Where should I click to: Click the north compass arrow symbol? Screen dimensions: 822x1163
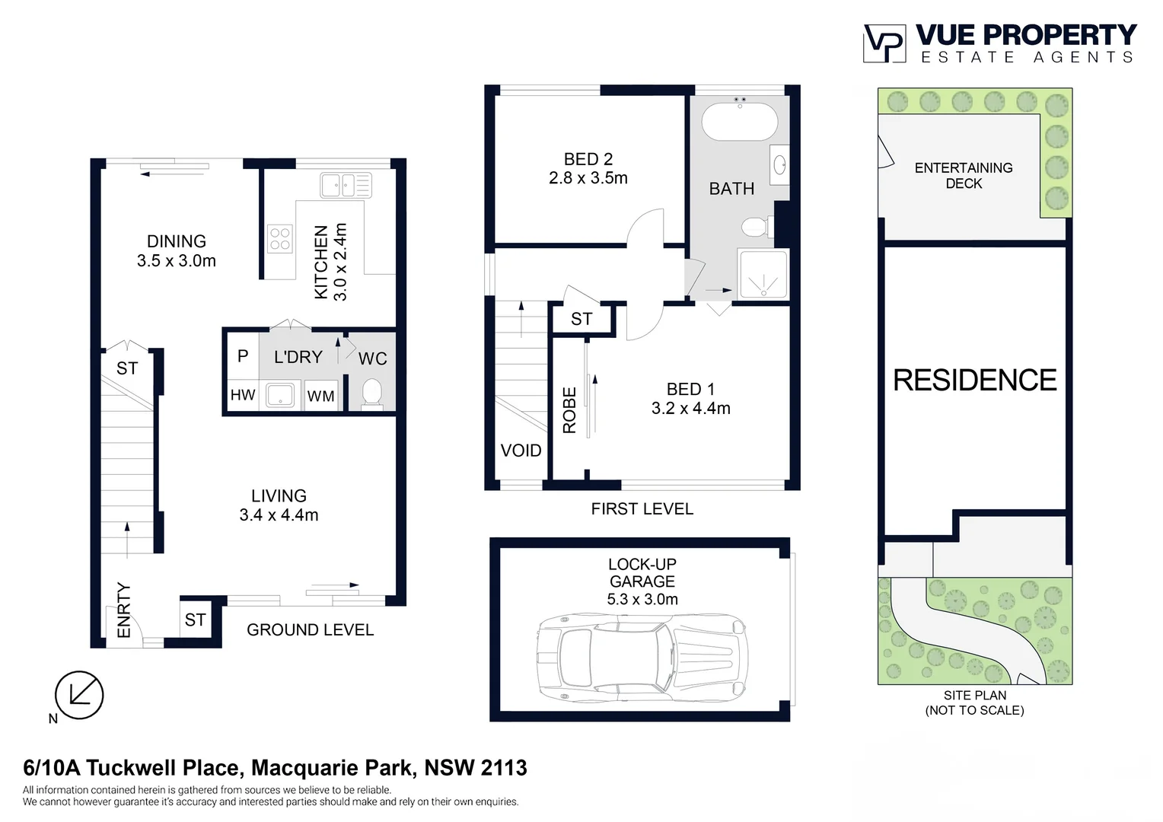tap(79, 694)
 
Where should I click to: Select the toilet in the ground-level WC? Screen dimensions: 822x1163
tap(371, 393)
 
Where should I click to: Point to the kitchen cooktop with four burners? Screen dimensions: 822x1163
tap(280, 238)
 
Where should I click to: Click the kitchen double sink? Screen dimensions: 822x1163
tap(346, 185)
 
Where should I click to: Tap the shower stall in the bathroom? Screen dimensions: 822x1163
tap(763, 274)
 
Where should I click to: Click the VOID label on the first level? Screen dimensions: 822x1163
tap(521, 451)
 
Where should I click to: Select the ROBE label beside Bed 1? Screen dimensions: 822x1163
tap(569, 410)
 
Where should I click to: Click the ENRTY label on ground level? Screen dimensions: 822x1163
tap(123, 610)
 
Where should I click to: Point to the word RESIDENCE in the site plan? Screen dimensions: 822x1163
tap(974, 380)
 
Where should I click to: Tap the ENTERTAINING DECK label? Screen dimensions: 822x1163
tap(964, 176)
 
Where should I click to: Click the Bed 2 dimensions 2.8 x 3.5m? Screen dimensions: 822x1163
tap(588, 178)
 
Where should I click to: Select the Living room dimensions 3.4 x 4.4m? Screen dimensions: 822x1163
tap(279, 515)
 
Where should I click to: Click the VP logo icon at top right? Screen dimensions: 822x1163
tap(884, 43)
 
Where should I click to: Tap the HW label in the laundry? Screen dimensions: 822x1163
tap(243, 395)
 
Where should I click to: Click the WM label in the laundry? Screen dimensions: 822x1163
tap(320, 396)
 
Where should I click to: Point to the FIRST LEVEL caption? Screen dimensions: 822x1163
tap(642, 508)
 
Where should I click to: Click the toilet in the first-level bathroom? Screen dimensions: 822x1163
tap(756, 226)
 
